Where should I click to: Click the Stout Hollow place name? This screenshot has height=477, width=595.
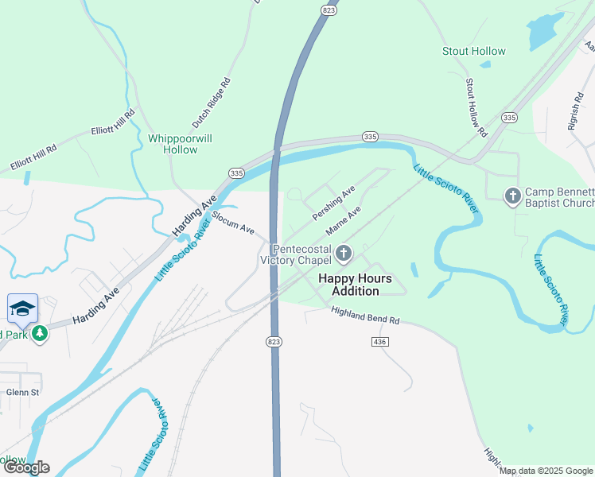pyautogui.click(x=473, y=51)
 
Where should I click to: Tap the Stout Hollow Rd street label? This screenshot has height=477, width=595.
pyautogui.click(x=475, y=107)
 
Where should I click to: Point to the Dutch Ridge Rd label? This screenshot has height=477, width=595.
pyautogui.click(x=211, y=103)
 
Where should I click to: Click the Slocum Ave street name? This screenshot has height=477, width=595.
pyautogui.click(x=232, y=226)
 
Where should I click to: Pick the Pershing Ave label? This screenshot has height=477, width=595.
pyautogui.click(x=333, y=204)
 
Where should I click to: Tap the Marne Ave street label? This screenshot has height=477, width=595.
pyautogui.click(x=343, y=222)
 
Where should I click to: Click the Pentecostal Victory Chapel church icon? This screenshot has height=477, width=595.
pyautogui.click(x=344, y=254)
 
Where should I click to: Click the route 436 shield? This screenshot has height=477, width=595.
pyautogui.click(x=379, y=341)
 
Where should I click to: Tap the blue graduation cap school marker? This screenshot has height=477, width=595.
pyautogui.click(x=22, y=308)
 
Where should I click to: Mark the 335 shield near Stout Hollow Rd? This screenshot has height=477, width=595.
pyautogui.click(x=510, y=118)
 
